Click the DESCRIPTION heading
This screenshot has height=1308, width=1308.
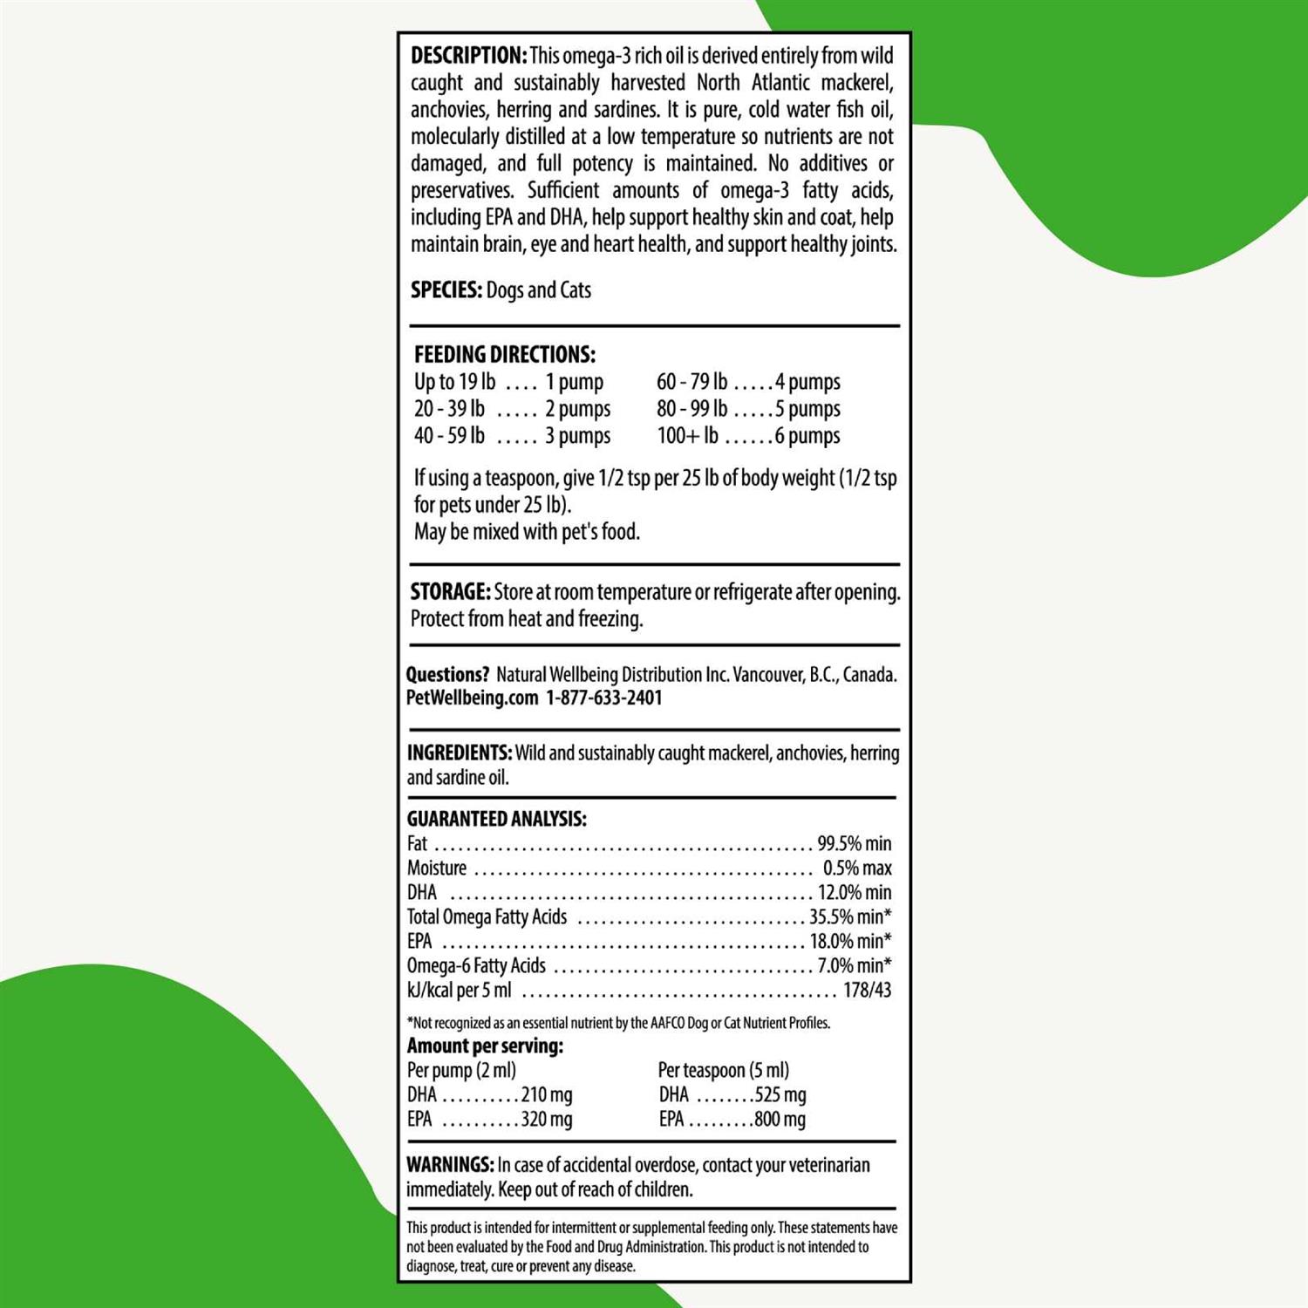468,56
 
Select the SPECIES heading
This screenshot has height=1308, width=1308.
446,290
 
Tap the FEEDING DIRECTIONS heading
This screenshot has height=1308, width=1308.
504,355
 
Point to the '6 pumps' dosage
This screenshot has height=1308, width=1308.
807,436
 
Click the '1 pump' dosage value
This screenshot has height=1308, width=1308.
574,382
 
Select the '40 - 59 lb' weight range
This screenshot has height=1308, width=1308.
449,436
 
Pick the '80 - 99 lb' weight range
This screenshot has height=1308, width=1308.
691,409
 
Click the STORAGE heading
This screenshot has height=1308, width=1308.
450,592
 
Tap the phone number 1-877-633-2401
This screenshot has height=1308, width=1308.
604,698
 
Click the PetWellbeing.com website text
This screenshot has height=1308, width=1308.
472,698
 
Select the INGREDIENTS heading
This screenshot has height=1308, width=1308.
459,753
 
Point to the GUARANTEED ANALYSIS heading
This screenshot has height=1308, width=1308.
496,819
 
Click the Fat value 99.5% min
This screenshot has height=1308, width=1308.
854,843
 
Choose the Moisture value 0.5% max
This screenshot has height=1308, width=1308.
857,868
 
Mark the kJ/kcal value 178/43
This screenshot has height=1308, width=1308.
867,990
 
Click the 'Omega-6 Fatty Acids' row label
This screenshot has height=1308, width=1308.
476,965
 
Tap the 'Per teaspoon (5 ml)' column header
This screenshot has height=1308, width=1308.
723,1070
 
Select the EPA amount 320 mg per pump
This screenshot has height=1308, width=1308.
547,1119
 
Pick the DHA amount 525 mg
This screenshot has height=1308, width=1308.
780,1094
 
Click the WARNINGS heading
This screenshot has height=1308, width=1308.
450,1165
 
